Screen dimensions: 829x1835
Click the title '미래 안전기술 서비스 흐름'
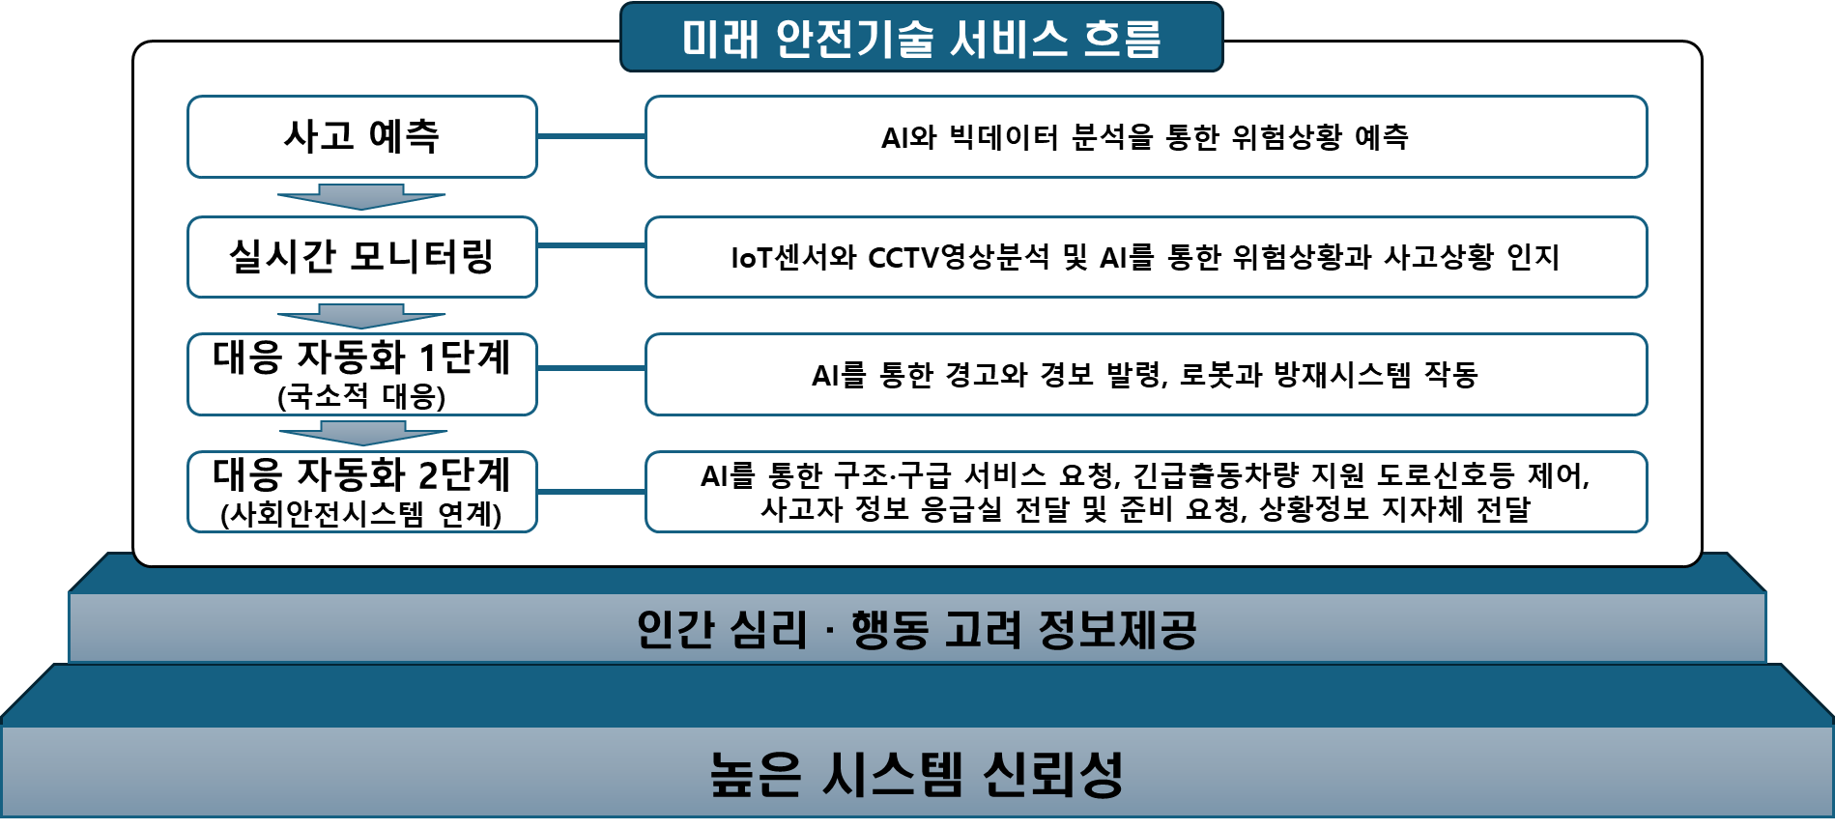(921, 38)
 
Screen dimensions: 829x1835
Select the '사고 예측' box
(361, 136)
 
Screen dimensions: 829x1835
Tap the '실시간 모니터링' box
(361, 257)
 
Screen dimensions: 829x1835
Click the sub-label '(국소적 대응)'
(361, 396)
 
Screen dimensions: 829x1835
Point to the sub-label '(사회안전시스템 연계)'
(361, 513)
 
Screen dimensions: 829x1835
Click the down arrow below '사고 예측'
(361, 196)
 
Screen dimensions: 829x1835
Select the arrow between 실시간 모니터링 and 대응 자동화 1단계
(361, 316)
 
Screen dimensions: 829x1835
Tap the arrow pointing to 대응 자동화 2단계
(361, 432)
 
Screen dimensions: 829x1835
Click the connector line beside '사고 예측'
(590, 136)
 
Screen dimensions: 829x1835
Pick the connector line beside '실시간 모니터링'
(590, 245)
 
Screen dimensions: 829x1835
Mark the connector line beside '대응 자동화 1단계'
(590, 368)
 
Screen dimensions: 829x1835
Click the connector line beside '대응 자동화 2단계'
(590, 492)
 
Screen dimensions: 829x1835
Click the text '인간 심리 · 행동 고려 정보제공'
(916, 630)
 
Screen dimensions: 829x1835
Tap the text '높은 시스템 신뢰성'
(916, 774)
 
